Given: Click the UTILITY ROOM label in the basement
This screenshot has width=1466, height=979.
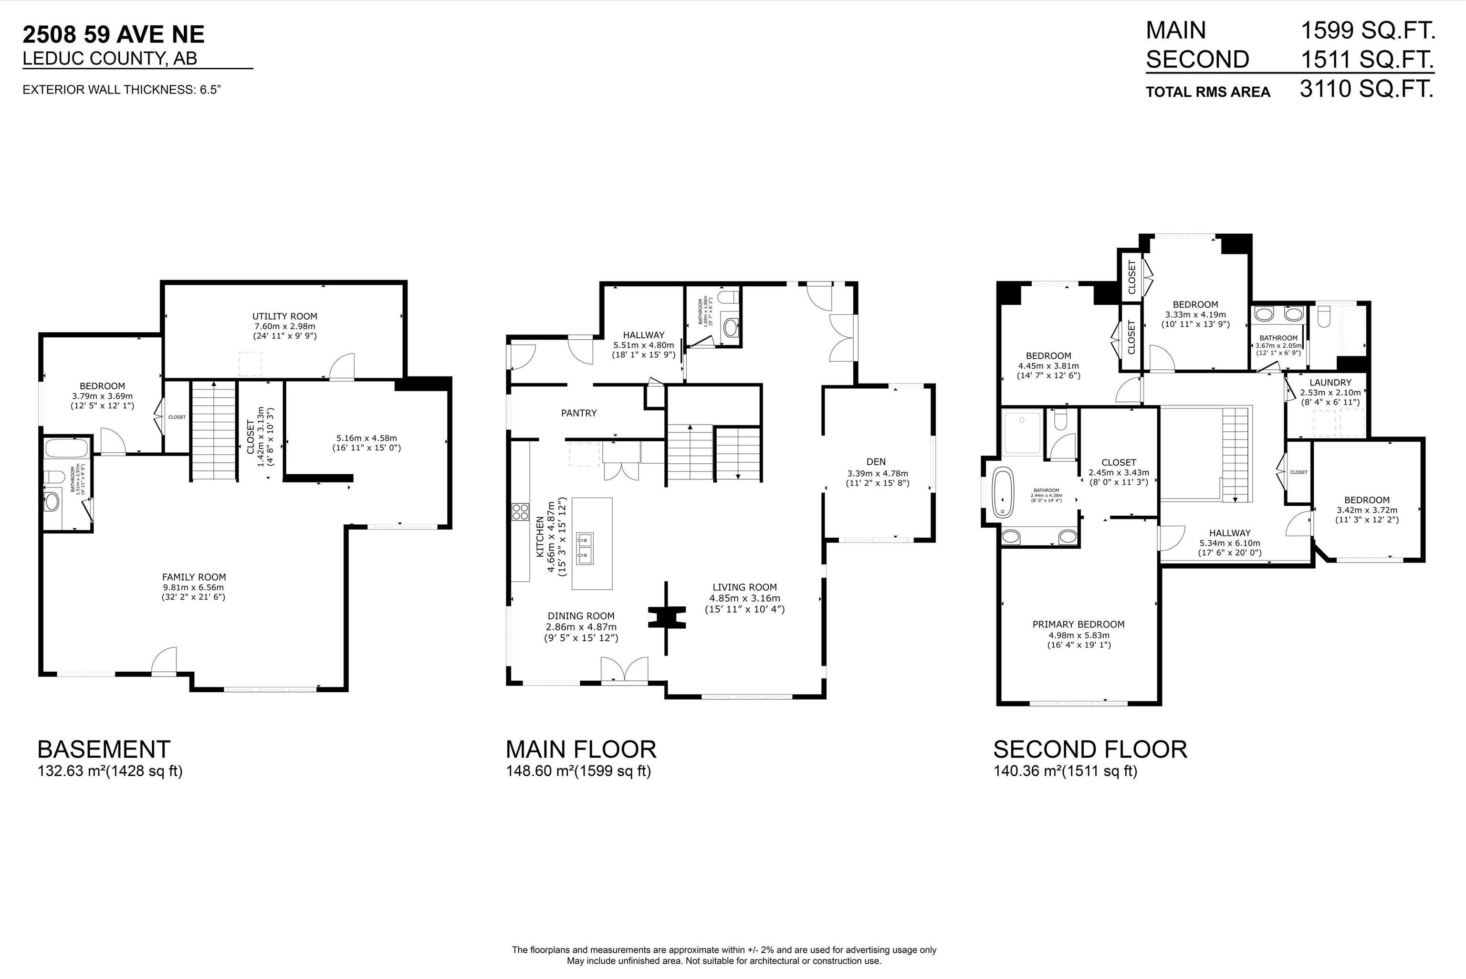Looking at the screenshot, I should click(x=285, y=316).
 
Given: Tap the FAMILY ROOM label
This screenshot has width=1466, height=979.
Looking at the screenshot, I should click(x=194, y=577).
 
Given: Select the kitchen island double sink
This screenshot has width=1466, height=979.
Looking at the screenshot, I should click(x=585, y=549).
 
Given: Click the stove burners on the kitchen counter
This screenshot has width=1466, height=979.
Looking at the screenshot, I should click(x=520, y=512).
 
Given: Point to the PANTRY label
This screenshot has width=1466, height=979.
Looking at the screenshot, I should click(x=578, y=413).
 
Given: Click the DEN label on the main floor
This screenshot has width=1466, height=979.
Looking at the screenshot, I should click(x=876, y=462).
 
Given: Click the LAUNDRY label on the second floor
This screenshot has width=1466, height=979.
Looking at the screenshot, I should click(x=1330, y=383).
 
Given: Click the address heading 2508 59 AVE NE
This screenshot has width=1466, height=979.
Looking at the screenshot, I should click(x=114, y=34).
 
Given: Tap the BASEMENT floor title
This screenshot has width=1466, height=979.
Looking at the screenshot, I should click(x=104, y=749).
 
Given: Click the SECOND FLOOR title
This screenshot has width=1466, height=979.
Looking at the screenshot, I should click(x=1089, y=749).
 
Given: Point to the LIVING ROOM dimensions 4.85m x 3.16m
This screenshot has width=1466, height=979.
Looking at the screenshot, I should click(x=744, y=598).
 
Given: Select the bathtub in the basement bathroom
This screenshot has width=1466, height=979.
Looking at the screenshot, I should click(x=67, y=448).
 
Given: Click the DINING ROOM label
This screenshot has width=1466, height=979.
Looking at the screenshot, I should click(x=581, y=615).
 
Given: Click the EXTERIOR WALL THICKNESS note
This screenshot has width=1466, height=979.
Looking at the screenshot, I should click(x=122, y=90).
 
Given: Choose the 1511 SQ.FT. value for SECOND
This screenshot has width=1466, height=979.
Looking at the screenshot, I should click(x=1367, y=60).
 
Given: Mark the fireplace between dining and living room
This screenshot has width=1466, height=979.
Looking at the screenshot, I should click(x=666, y=618).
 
